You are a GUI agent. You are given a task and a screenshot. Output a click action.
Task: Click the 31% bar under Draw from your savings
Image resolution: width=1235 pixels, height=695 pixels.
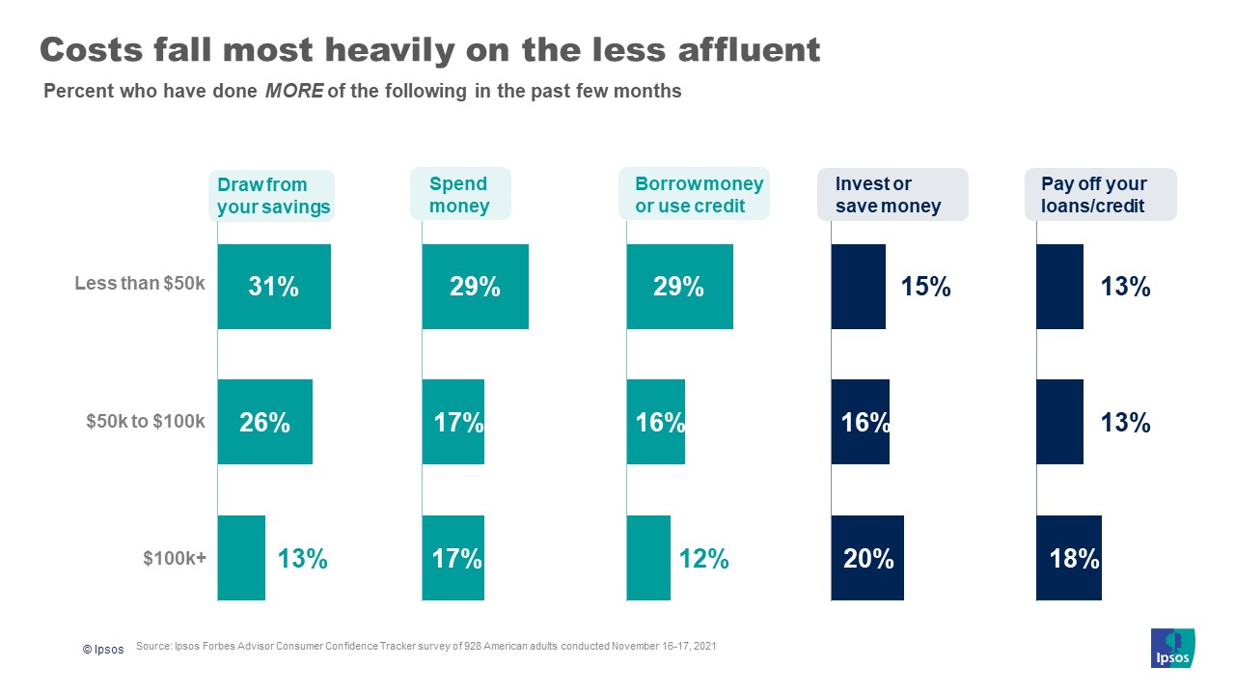tap(274, 287)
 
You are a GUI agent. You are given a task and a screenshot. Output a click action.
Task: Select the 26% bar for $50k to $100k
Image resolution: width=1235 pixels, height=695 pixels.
tap(264, 422)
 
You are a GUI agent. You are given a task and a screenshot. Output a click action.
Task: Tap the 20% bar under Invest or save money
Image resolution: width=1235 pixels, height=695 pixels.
tap(867, 558)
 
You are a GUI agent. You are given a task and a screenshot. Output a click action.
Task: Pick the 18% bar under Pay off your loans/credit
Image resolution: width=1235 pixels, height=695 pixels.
tap(1068, 558)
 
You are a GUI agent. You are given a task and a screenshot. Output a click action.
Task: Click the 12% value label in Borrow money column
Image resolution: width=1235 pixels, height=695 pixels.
tap(703, 559)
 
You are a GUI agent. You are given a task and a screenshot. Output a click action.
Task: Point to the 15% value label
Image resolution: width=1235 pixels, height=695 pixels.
tap(925, 287)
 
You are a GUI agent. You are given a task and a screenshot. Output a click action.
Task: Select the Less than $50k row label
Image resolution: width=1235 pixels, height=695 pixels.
tap(140, 284)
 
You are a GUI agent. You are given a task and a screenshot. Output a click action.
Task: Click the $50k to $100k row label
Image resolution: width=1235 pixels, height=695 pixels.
tap(146, 421)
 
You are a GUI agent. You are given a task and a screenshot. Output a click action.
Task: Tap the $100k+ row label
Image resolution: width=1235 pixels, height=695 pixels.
tap(175, 558)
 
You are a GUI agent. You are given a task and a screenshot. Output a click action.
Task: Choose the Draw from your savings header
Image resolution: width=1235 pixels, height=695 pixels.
tap(273, 196)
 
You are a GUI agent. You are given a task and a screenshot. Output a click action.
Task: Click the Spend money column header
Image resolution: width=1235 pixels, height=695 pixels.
tap(459, 195)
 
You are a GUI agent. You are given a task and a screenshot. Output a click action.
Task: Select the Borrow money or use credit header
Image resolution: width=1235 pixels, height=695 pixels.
tap(695, 195)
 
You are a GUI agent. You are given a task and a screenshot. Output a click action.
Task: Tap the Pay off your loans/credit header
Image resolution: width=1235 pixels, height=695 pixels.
tap(1100, 195)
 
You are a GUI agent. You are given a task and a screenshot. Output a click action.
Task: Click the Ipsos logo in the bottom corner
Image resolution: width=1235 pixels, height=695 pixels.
tap(1172, 648)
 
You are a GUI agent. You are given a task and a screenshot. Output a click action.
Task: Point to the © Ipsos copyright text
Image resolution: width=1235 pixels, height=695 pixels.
tap(103, 650)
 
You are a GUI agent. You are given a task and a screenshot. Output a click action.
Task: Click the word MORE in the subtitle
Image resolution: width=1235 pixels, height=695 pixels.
tap(293, 92)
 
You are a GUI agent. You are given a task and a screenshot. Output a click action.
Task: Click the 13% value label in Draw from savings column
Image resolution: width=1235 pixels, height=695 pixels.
tap(303, 559)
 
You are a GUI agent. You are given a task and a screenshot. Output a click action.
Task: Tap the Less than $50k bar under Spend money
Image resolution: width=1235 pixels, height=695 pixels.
tap(475, 287)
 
